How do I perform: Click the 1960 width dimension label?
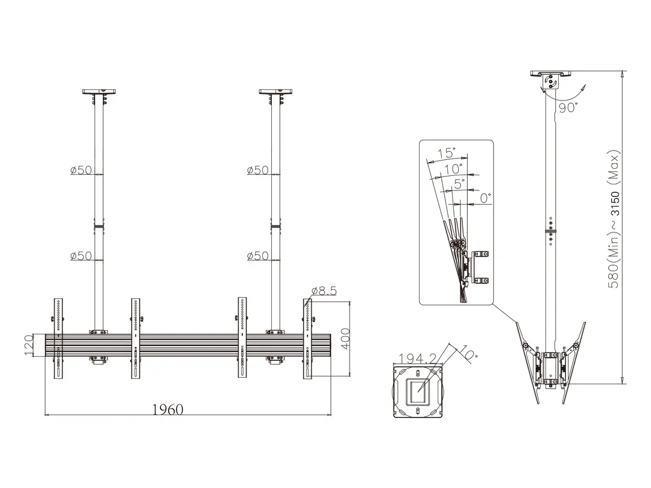point(167,410)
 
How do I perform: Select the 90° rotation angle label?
point(568,108)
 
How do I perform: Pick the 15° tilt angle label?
point(446,153)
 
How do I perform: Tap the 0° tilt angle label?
point(485,197)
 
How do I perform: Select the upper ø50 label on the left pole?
point(81,170)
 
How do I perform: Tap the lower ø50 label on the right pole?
point(257,256)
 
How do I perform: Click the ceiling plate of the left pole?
point(98,92)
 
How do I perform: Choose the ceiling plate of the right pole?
point(275,92)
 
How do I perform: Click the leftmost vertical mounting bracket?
point(58,338)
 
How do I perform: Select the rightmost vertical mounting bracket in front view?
point(307,338)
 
